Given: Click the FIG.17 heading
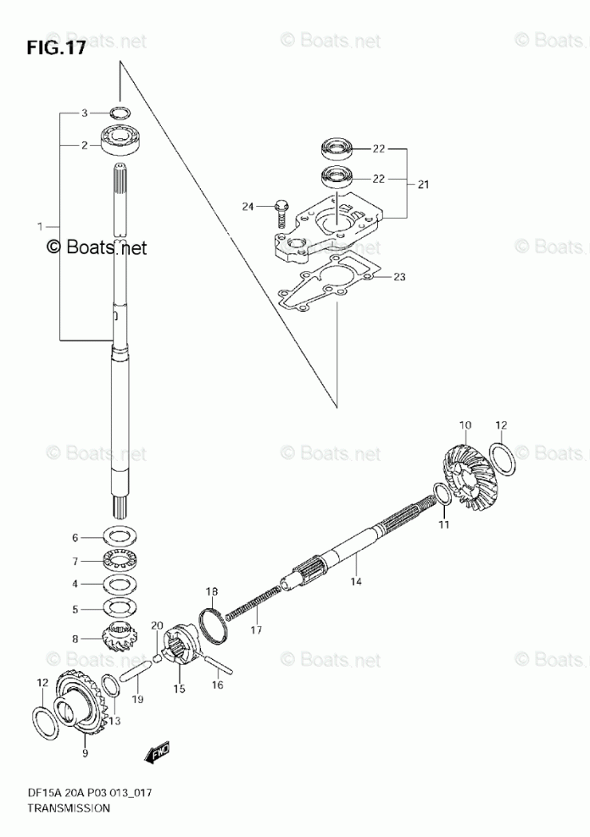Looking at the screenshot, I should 56,48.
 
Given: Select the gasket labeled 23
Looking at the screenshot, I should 330,283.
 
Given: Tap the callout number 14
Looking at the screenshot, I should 356,582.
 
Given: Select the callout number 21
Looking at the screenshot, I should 423,183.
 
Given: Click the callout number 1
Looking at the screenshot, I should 39,226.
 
